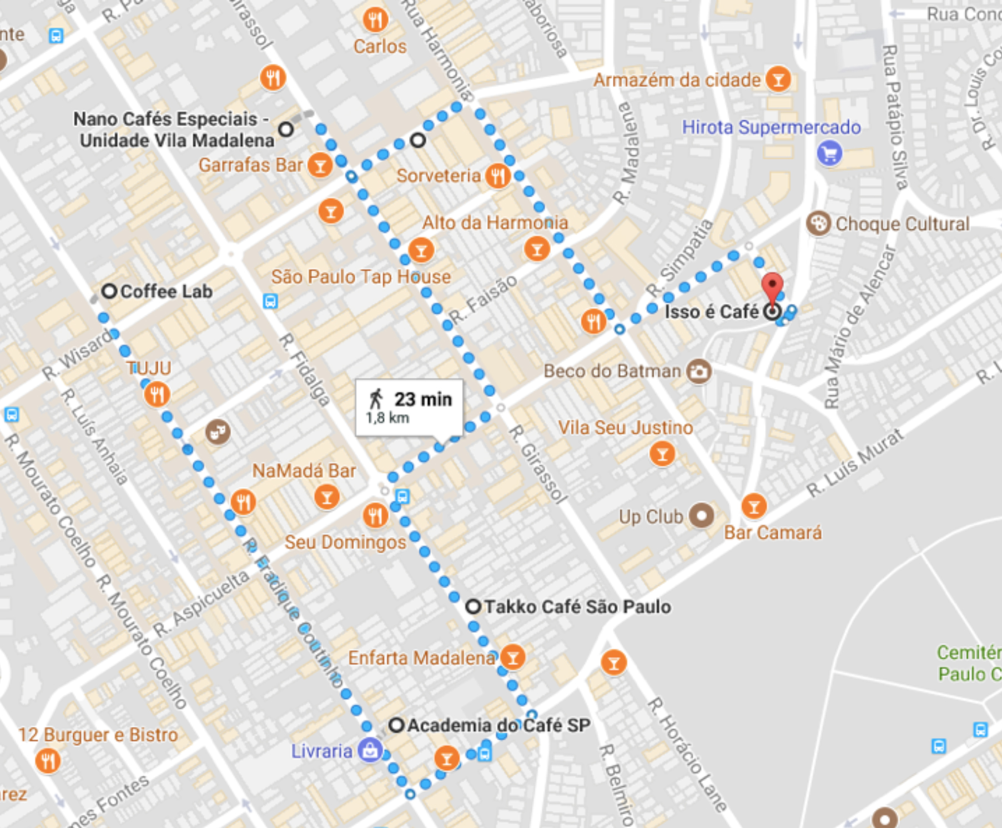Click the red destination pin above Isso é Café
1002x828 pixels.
pyautogui.click(x=772, y=287)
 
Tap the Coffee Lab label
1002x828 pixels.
pyautogui.click(x=166, y=292)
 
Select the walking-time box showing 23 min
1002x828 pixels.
pyautogui.click(x=409, y=407)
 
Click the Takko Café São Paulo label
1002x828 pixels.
pyautogui.click(x=577, y=606)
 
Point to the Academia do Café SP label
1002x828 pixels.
pyautogui.click(x=498, y=725)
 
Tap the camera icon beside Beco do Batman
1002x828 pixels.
pyautogui.click(x=699, y=371)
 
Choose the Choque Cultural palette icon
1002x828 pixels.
pyautogui.click(x=818, y=224)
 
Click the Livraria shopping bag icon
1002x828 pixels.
pyautogui.click(x=370, y=751)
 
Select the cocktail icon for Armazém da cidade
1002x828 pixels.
pyautogui.click(x=778, y=80)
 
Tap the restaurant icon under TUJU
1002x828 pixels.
pyautogui.click(x=157, y=394)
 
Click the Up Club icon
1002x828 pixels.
pyautogui.click(x=702, y=516)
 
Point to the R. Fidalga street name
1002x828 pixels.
pyautogui.click(x=304, y=369)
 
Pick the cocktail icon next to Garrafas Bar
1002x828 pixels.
pyautogui.click(x=320, y=165)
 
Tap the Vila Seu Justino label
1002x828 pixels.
pyautogui.click(x=625, y=428)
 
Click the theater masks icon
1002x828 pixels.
pyautogui.click(x=218, y=431)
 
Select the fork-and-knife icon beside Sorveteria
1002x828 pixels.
pyautogui.click(x=497, y=176)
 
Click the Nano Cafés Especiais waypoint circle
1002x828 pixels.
pyautogui.click(x=286, y=129)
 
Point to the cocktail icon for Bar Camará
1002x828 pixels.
pyautogui.click(x=754, y=506)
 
